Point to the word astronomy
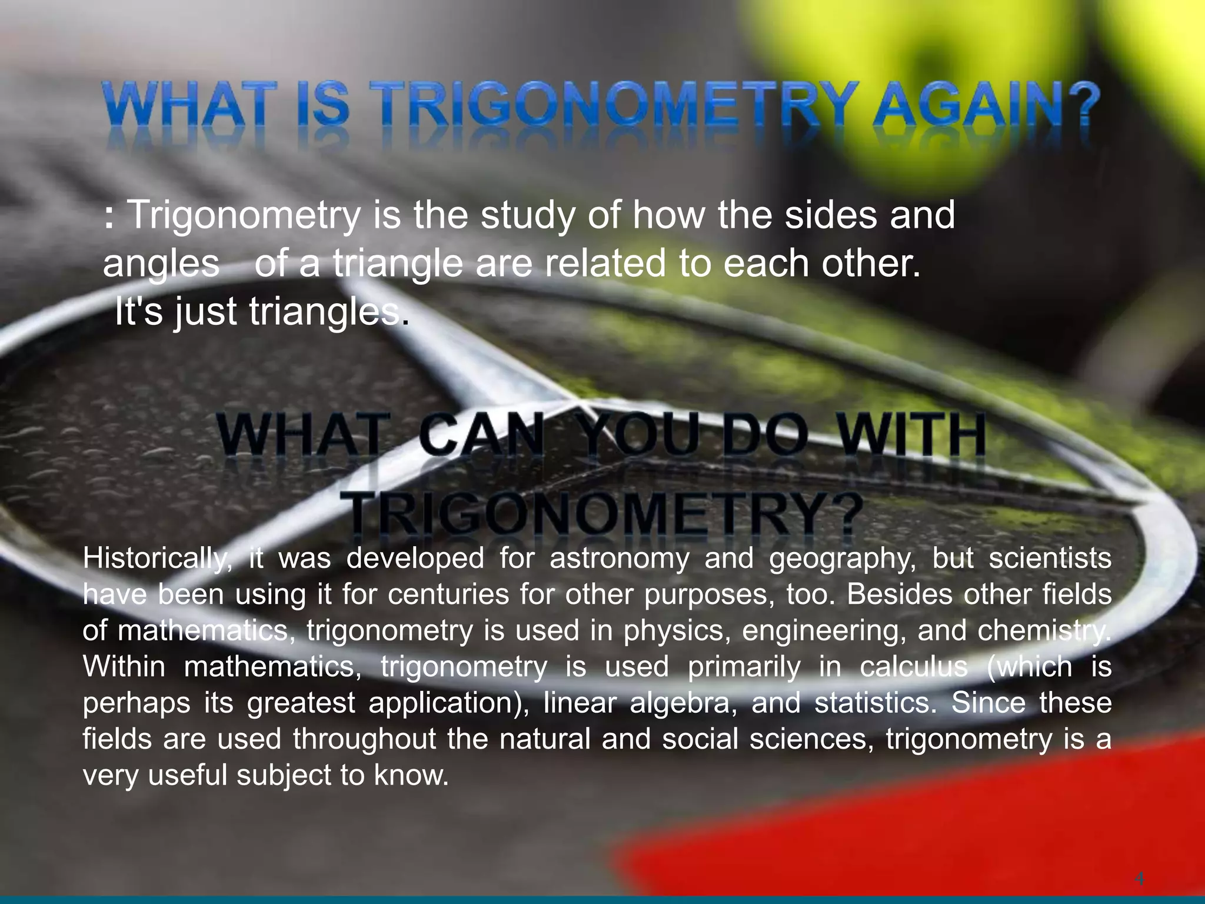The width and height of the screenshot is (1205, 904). [619, 559]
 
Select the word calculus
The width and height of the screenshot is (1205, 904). [914, 667]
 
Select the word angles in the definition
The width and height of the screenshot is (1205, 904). [161, 264]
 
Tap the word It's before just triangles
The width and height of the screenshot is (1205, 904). [138, 311]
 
